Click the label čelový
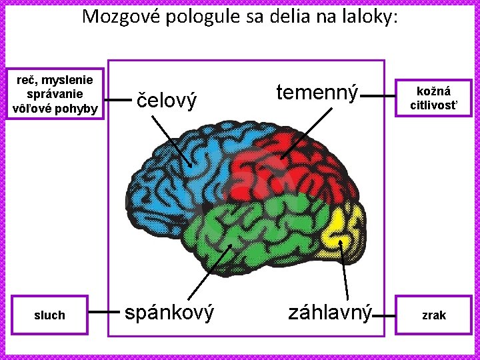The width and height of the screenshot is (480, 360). click(x=167, y=101)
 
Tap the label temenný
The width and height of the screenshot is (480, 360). click(x=317, y=93)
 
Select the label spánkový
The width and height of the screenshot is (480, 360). click(x=171, y=312)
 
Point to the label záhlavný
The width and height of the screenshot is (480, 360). click(x=329, y=312)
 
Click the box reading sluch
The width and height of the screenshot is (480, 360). click(x=50, y=315)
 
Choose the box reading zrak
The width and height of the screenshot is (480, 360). click(x=433, y=315)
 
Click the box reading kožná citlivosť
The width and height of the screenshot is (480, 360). click(x=433, y=97)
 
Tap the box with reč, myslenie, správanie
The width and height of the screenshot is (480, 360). click(x=53, y=94)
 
